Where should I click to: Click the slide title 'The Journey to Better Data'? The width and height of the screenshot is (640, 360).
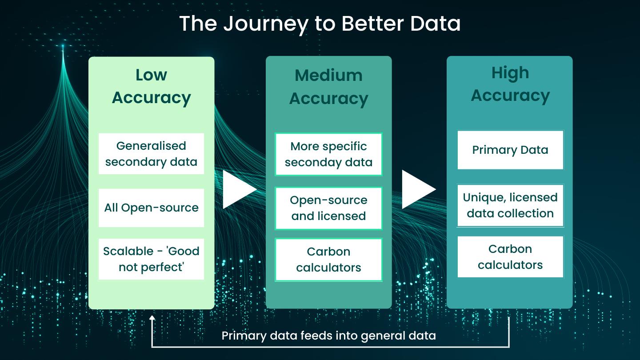(320, 24)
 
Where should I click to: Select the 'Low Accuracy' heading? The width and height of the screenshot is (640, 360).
(151, 86)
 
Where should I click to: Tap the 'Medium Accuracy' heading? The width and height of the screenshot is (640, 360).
(328, 87)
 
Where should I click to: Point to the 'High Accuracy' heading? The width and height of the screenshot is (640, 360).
(510, 84)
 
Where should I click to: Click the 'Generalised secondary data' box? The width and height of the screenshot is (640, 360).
(151, 154)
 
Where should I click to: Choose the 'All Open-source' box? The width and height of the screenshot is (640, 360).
(151, 208)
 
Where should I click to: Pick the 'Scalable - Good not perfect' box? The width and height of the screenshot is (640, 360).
(151, 259)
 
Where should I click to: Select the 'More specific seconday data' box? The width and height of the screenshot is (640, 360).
(328, 154)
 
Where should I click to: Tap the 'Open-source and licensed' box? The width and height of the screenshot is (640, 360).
(328, 208)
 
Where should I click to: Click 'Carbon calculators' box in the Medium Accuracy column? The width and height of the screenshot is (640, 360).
(328, 260)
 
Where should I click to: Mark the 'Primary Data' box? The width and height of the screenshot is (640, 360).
(510, 150)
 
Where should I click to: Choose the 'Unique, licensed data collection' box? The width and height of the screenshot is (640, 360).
(510, 205)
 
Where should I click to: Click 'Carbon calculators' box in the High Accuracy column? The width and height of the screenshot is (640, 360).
(510, 257)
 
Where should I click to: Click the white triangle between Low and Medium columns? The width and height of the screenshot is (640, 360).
(237, 190)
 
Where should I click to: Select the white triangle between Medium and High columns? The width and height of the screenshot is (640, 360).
(416, 189)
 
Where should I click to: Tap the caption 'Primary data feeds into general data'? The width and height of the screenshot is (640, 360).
(328, 336)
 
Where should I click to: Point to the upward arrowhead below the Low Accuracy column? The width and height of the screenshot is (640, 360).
(152, 318)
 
